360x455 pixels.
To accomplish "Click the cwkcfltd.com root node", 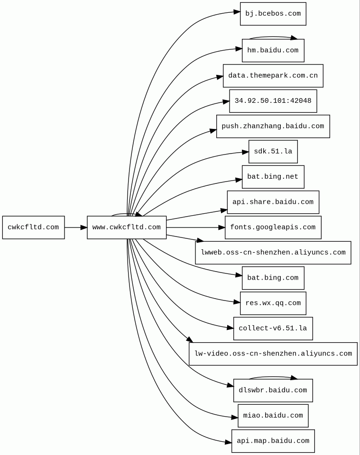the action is pos(33,227).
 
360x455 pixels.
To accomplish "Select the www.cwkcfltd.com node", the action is pos(127,227).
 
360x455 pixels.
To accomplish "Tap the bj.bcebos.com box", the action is pos(273,14).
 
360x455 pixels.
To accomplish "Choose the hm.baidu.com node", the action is pos(273,51).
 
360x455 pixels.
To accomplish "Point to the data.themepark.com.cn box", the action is pos(273,76).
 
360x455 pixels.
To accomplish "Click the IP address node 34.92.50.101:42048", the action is pos(273,101).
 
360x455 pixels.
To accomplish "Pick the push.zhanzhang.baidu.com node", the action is pos(273,126).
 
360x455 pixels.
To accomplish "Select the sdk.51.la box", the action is pos(273,152).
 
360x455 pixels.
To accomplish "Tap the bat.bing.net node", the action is pos(273,177).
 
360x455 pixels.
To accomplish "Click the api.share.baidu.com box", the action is pos(273,202).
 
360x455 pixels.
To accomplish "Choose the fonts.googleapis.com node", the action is pos(273,227).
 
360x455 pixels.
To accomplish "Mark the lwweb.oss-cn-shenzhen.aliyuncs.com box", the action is pos(273,253).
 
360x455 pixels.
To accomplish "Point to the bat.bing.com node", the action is pos(273,278).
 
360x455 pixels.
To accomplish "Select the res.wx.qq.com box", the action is pos(273,303).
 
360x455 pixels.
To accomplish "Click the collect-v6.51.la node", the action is pos(273,328).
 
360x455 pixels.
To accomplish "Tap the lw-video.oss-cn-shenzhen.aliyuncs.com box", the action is pos(273,354).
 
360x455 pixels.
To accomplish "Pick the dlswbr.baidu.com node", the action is pos(273,390).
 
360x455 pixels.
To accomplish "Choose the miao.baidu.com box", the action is pos(273,416).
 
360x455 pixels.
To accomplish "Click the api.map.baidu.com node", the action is pos(273,441).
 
